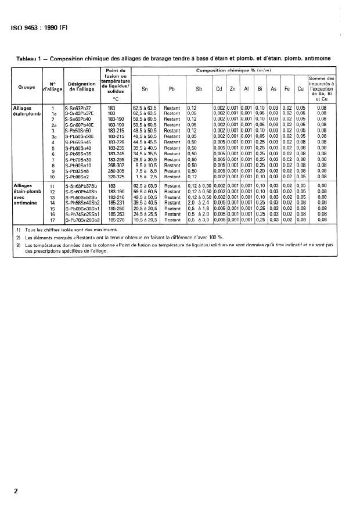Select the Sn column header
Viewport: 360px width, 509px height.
[x=145, y=89]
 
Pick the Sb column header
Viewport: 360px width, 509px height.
[x=199, y=89]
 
